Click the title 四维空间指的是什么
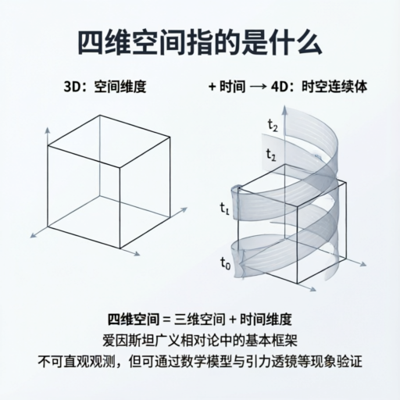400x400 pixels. [x=200, y=42]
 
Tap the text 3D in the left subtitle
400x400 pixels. [x=72, y=87]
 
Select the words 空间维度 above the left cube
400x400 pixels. [x=120, y=87]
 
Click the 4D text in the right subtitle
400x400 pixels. [x=279, y=87]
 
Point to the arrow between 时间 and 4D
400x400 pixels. [x=259, y=87]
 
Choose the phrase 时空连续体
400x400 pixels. [x=334, y=87]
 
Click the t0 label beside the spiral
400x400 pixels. [x=226, y=263]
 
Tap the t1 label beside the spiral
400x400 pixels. [x=224, y=209]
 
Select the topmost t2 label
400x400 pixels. [x=273, y=126]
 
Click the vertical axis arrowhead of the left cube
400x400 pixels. [x=48, y=130]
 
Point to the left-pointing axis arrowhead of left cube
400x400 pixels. [x=33, y=235]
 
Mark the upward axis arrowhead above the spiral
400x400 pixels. [x=285, y=109]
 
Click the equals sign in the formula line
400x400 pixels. [x=166, y=320]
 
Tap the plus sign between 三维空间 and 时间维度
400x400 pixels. [x=233, y=320]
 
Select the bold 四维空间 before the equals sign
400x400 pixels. [x=134, y=319]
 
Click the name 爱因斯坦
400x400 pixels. [x=128, y=341]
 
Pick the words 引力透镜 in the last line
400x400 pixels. [x=271, y=362]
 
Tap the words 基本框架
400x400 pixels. [x=271, y=341]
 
